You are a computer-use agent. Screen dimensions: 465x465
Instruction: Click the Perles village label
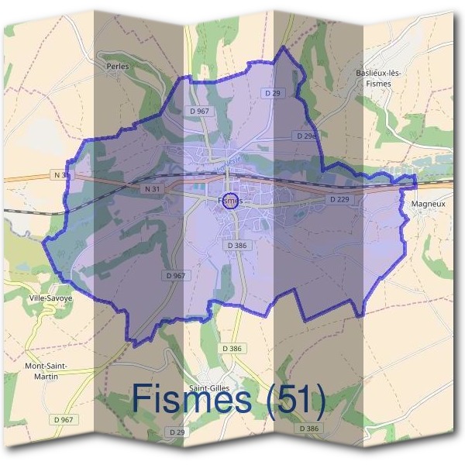coord(116,67)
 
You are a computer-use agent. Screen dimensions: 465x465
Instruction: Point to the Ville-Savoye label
coord(50,298)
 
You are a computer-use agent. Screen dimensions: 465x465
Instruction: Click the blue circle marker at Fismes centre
coord(229,204)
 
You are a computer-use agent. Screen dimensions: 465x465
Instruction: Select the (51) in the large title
coord(294,401)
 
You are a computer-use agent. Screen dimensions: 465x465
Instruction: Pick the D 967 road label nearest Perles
coord(199,112)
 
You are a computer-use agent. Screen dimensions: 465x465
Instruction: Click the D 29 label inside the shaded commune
coord(271,93)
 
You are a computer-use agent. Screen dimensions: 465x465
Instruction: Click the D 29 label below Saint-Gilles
coord(177,432)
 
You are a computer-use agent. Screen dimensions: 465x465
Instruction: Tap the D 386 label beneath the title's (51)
coord(308,429)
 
